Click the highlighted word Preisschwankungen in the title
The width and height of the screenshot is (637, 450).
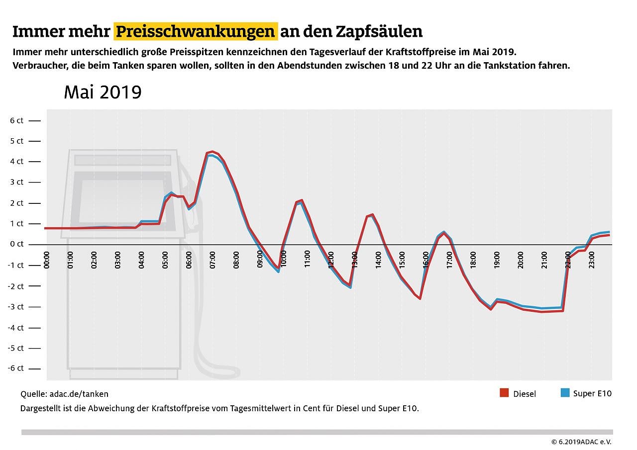tap(196, 32)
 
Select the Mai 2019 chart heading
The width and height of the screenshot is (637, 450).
tap(103, 92)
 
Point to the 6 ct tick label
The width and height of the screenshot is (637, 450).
tap(17, 120)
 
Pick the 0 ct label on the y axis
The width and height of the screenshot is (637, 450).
tap(17, 244)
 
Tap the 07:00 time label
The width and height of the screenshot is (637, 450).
tap(212, 260)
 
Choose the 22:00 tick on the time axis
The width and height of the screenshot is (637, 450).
tap(568, 260)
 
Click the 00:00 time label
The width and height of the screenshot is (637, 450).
tap(47, 260)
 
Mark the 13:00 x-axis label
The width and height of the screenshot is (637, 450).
tap(355, 260)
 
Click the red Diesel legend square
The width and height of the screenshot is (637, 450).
tap(504, 393)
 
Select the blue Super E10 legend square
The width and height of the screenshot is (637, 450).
tap(564, 393)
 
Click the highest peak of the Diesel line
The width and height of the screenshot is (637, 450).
tap(212, 152)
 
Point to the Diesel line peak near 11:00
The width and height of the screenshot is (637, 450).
tap(302, 200)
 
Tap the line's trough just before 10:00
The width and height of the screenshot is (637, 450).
tap(278, 269)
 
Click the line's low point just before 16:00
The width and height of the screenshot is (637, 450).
tap(420, 298)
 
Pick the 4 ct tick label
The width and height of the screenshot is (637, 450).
tap(17, 162)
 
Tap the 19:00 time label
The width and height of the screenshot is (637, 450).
tap(497, 260)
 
